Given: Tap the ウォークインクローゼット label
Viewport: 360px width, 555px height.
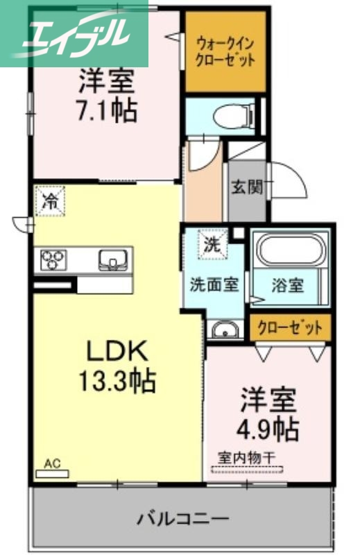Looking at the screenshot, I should pos(225,52).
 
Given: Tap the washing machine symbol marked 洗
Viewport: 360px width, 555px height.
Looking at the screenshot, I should pos(211,244).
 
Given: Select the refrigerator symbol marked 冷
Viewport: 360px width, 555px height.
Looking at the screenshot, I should pos(51,200).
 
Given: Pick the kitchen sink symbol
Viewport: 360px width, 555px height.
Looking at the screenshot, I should pos(112,260).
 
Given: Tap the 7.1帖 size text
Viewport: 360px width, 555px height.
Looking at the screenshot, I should pos(105,110).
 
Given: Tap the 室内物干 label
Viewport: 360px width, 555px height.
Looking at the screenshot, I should pos(248,458).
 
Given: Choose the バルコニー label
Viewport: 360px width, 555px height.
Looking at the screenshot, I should pos(182,518).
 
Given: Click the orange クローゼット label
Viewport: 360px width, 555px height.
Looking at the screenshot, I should pos(291,327).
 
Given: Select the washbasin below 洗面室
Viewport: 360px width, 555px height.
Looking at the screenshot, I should pos(223,330).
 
